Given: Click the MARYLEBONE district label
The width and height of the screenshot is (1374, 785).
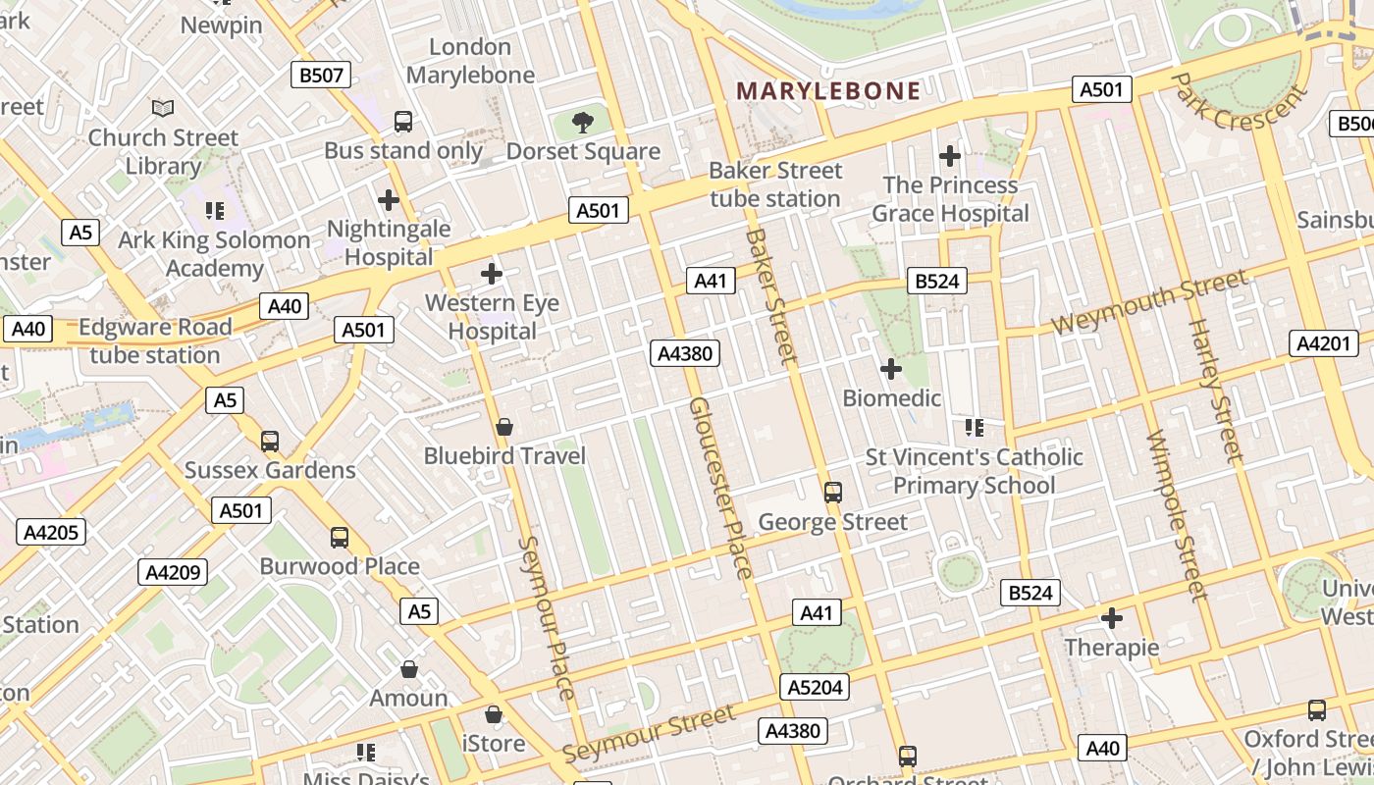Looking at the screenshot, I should (x=828, y=91).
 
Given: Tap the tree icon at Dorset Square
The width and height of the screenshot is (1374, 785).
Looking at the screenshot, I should (x=583, y=123).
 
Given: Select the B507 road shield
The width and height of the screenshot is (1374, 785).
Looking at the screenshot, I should (x=321, y=75).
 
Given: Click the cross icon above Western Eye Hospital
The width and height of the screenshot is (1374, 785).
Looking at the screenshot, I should (x=492, y=274).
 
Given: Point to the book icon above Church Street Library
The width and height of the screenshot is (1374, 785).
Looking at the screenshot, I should (x=163, y=109).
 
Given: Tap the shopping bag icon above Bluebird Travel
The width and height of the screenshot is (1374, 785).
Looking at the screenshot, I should (x=504, y=427).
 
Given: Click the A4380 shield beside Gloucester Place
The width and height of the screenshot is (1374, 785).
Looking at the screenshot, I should (x=685, y=353).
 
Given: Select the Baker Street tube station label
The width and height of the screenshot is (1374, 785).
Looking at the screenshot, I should (x=775, y=184).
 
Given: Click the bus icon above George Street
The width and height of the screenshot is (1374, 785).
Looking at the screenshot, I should (x=833, y=493).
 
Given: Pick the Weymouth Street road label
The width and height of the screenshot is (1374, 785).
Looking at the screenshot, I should (x=1149, y=303).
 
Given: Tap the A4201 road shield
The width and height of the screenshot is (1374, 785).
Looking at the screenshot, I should (x=1324, y=343).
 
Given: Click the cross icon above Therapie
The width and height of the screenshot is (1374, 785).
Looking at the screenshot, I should (x=1112, y=618).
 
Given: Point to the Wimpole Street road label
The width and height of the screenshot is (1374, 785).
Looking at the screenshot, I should (x=1175, y=515).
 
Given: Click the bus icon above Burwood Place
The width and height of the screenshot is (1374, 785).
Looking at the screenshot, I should (x=340, y=538).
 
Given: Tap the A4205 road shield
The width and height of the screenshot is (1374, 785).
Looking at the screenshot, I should (x=51, y=532).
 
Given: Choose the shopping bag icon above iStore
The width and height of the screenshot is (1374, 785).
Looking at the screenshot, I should (x=494, y=714).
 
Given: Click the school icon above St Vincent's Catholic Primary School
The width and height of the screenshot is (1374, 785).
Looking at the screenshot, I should (x=975, y=428).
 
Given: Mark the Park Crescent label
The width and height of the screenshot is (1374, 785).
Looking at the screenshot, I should (x=1240, y=103).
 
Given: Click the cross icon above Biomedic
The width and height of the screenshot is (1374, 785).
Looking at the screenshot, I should (x=891, y=369).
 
